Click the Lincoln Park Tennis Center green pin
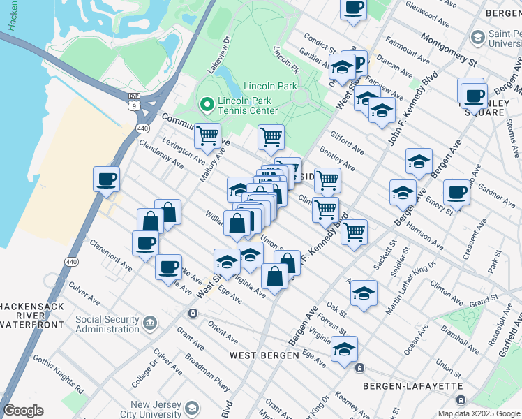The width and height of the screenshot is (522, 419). pos(206,105)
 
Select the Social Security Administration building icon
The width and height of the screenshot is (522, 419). pos(149,323)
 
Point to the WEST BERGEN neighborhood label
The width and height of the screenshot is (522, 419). pos(262,356)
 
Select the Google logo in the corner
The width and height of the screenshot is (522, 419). pos(23,411)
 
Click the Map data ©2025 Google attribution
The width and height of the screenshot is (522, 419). pos(478,413)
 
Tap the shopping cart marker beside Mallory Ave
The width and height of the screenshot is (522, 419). pos(207,135)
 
